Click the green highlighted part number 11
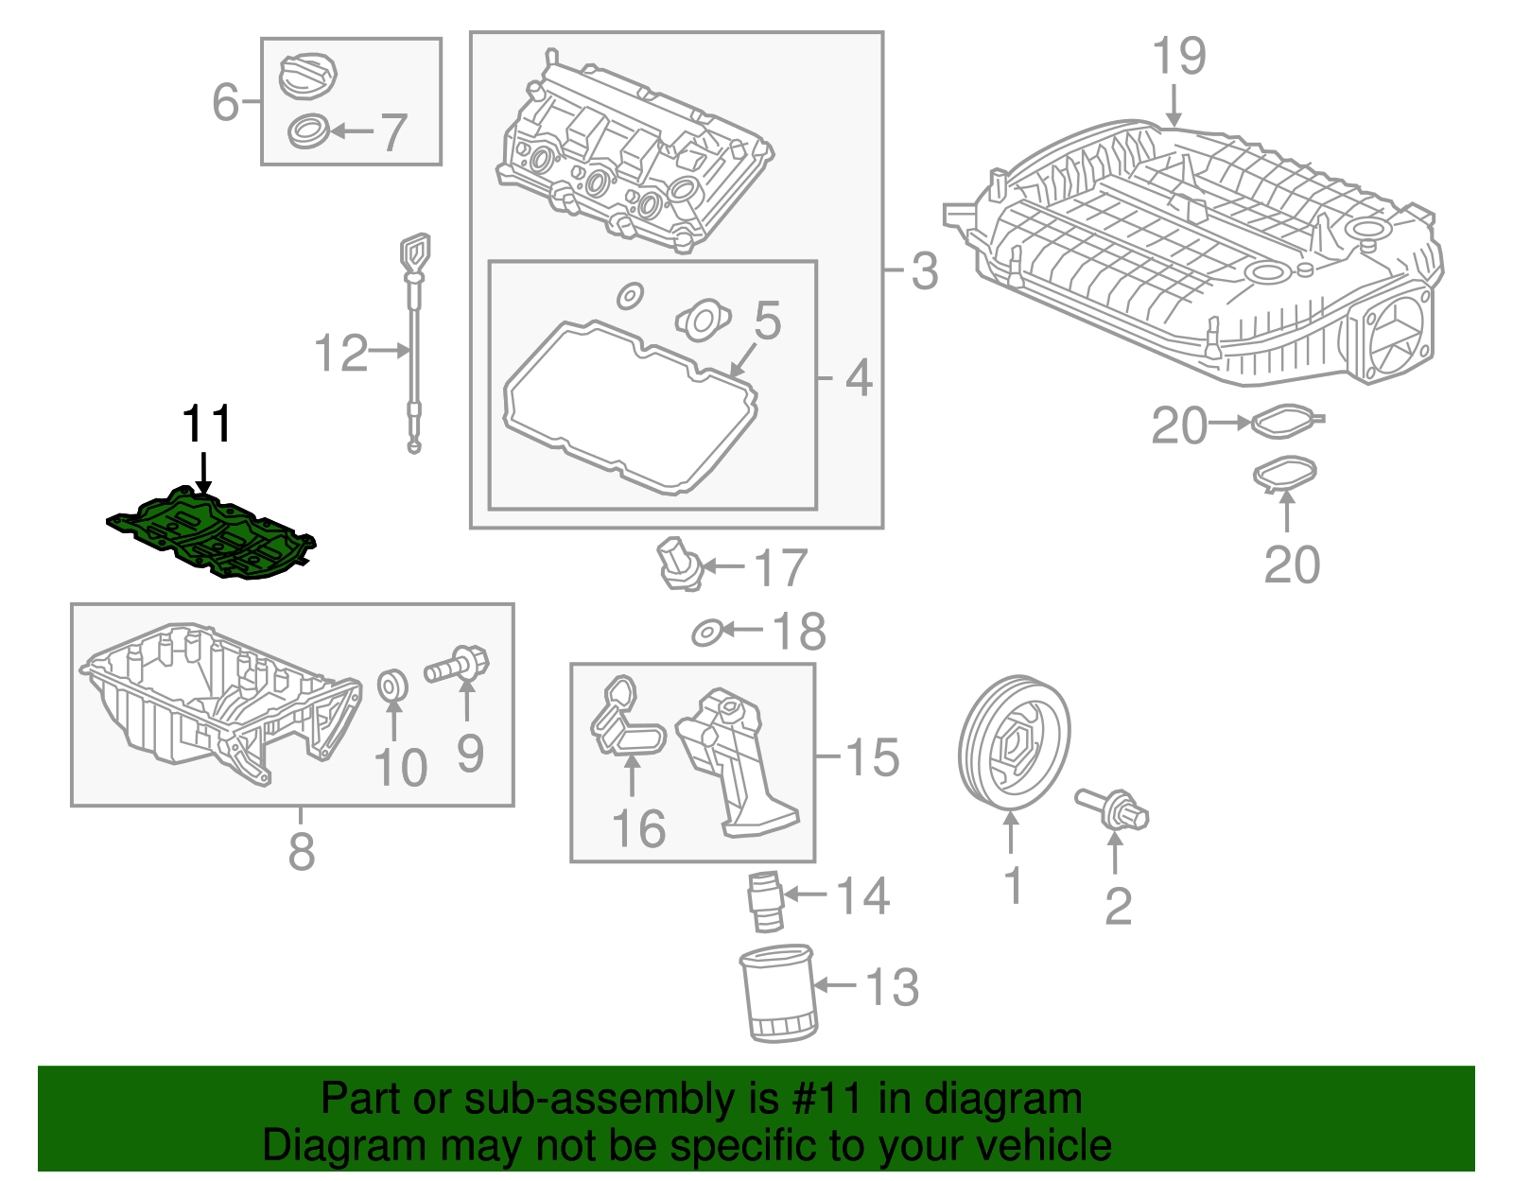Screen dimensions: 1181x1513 213,535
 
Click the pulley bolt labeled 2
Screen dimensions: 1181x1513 1114,809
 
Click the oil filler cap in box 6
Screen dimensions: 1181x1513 308,74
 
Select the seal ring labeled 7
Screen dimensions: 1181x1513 308,130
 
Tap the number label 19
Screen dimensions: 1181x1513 1178,57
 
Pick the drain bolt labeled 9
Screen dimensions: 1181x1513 459,665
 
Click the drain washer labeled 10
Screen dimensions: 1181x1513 392,685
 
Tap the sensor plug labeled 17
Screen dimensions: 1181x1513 679,564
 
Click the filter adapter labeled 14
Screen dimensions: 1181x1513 765,903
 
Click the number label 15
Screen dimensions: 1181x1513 872,757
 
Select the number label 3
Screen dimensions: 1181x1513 924,271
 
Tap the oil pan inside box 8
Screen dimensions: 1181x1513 217,704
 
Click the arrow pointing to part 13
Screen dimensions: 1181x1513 834,986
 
